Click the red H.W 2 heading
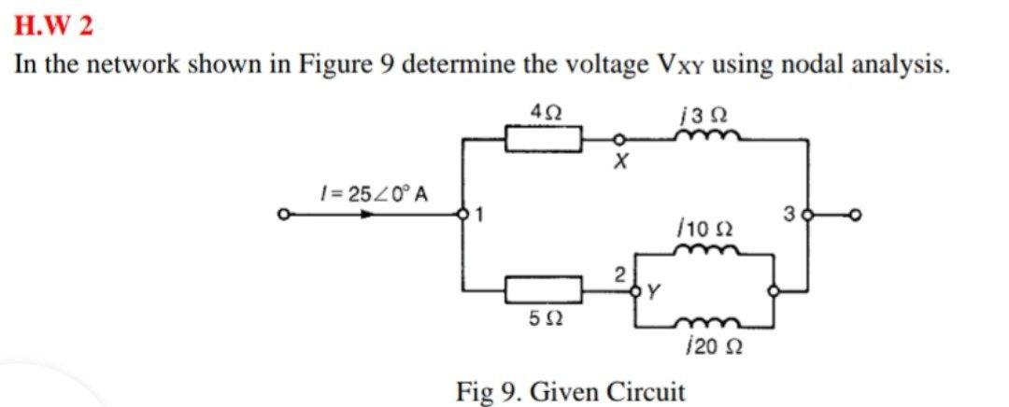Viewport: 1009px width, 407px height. point(54,25)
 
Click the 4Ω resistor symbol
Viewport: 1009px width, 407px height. point(544,141)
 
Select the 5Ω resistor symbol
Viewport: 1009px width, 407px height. point(544,290)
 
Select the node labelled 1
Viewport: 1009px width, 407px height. point(460,217)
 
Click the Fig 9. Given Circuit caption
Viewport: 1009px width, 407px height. point(570,389)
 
